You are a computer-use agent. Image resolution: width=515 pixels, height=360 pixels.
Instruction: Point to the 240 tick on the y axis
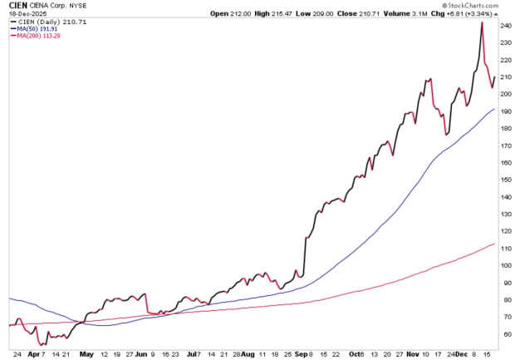(505, 25)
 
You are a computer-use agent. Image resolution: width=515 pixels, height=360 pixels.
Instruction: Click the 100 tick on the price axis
(505, 265)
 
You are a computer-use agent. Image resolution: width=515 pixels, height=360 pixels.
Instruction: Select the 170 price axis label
(505, 145)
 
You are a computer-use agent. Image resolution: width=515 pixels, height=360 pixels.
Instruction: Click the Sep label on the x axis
(301, 352)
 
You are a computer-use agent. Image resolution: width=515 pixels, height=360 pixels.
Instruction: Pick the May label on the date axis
(85, 352)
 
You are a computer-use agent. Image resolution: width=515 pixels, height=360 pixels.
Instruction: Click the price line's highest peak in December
(483, 22)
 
